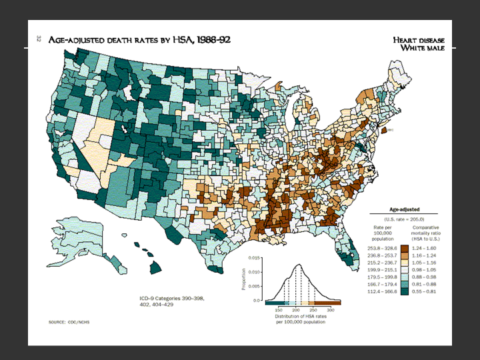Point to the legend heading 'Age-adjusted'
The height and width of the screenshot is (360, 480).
[x=403, y=209]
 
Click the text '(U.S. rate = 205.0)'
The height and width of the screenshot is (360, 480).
[x=403, y=219]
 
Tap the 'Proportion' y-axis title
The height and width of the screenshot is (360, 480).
[x=244, y=279]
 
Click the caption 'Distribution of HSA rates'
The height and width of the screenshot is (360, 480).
[x=299, y=317]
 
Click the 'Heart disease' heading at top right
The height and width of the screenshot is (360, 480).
[x=419, y=40]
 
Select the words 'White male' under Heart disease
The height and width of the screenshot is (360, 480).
[x=422, y=48]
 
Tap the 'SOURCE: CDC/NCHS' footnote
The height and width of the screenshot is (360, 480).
[x=67, y=322]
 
